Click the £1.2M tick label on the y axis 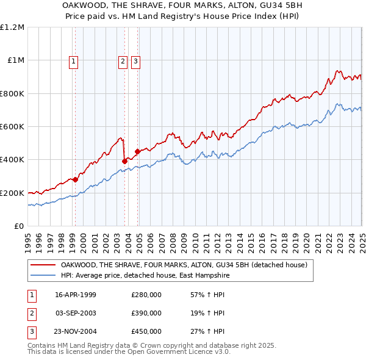(x=12, y=27)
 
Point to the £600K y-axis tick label (x=12, y=127)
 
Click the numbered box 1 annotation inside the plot (x=73, y=60)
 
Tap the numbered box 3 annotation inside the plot (x=135, y=60)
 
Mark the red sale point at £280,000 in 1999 (x=75, y=179)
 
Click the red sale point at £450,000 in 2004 (x=137, y=151)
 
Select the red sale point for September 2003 (x=124, y=161)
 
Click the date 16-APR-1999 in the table (x=75, y=295)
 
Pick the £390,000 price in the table (x=146, y=313)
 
